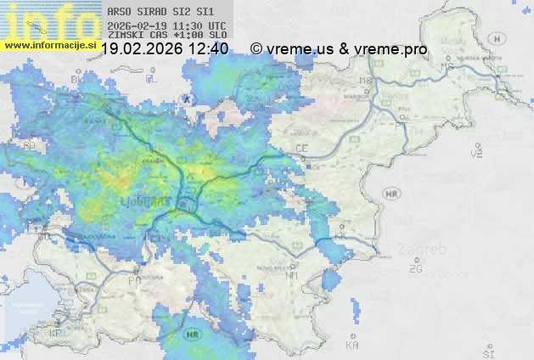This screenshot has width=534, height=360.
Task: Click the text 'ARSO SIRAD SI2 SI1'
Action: [160, 12]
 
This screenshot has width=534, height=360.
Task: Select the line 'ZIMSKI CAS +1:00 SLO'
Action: [167, 35]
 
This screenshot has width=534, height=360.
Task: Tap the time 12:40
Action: [208, 49]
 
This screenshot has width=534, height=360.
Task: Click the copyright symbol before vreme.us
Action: [256, 49]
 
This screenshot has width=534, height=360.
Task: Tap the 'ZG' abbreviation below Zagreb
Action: [415, 269]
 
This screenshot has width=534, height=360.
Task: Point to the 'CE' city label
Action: [301, 148]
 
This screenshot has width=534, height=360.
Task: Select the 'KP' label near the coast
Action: [56, 334]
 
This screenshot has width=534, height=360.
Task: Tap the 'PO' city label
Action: [134, 279]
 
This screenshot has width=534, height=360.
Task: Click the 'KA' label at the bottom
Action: [352, 346]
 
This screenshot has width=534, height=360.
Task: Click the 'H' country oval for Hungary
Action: [502, 39]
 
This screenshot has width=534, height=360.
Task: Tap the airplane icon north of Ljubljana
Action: [189, 99]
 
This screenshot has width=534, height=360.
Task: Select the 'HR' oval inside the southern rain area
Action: [194, 334]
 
